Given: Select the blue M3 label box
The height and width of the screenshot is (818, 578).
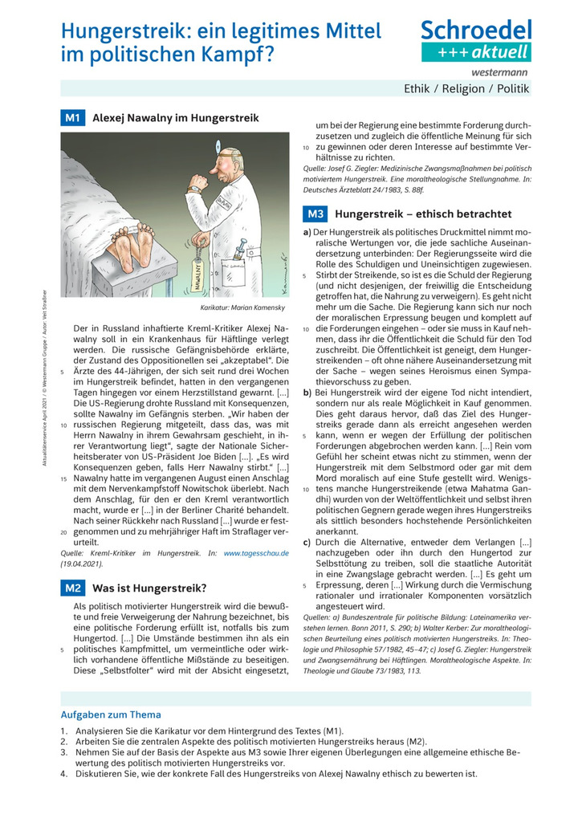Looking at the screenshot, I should pos(315,214).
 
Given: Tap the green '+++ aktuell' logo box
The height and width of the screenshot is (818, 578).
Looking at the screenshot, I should pos(476,52).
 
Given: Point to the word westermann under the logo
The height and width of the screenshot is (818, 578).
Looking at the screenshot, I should pos(505,71).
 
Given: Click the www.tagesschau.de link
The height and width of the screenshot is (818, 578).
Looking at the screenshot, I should pos(255,553).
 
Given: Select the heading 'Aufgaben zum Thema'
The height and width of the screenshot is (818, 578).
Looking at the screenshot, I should pos(111,714).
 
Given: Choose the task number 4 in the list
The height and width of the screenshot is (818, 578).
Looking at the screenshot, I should pos(64,774).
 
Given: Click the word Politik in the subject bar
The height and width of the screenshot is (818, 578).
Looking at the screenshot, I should pos(511,89).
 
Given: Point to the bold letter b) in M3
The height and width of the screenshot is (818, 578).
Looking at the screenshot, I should pos(307,393).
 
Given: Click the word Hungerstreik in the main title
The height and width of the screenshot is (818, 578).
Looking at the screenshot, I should pos(124,31).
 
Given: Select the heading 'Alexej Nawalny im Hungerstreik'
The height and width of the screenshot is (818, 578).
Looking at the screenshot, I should pos(176,118).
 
